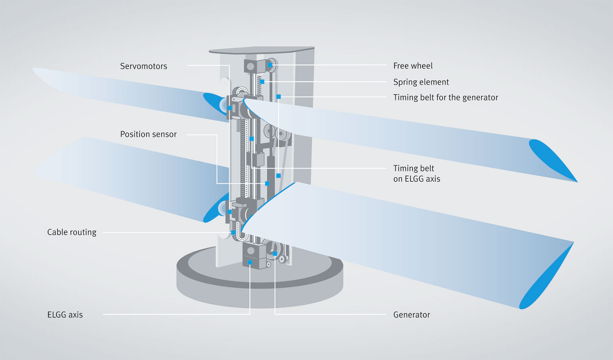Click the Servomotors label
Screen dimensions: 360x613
[143, 66]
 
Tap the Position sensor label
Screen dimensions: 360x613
[148, 134]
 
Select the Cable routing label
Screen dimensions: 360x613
[72, 232]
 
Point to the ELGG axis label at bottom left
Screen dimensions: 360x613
[65, 314]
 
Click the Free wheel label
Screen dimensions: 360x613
[413, 66]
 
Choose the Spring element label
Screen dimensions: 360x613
[421, 82]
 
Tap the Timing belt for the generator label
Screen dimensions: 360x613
[445, 97]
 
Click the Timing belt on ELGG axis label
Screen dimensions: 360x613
[416, 174]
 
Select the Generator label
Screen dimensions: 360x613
[411, 314]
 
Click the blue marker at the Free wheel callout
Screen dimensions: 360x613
[270, 65]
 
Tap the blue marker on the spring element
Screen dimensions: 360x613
[262, 82]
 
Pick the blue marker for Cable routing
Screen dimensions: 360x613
[233, 232]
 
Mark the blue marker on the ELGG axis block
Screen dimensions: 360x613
[250, 262]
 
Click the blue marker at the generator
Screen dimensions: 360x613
[275, 254]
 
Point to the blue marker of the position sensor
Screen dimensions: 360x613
[267, 184]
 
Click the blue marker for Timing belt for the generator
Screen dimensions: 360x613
[278, 97]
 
